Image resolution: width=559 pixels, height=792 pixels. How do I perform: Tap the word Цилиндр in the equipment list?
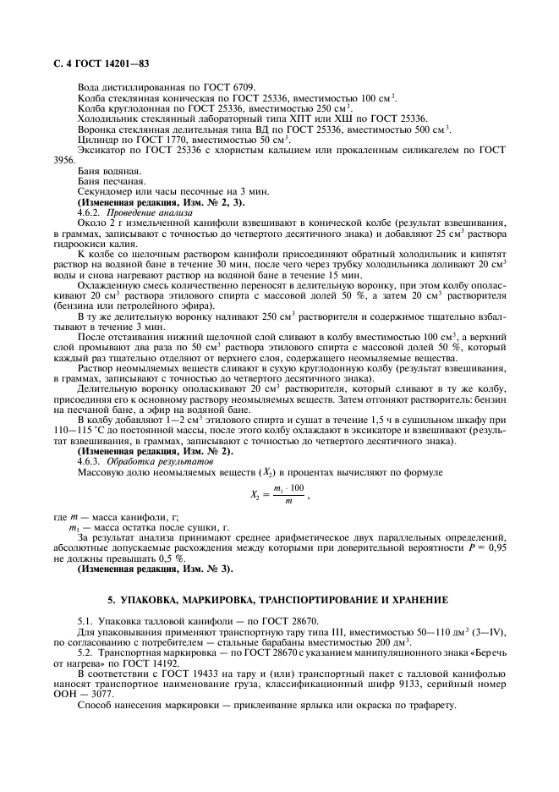[x=96, y=139]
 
